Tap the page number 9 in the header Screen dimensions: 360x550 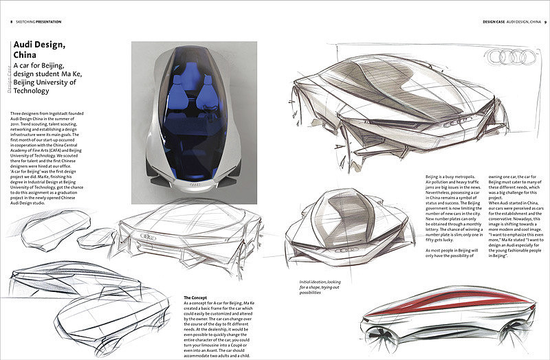pyautogui.click(x=544, y=21)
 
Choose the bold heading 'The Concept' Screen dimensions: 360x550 pyautogui.click(x=195, y=296)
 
